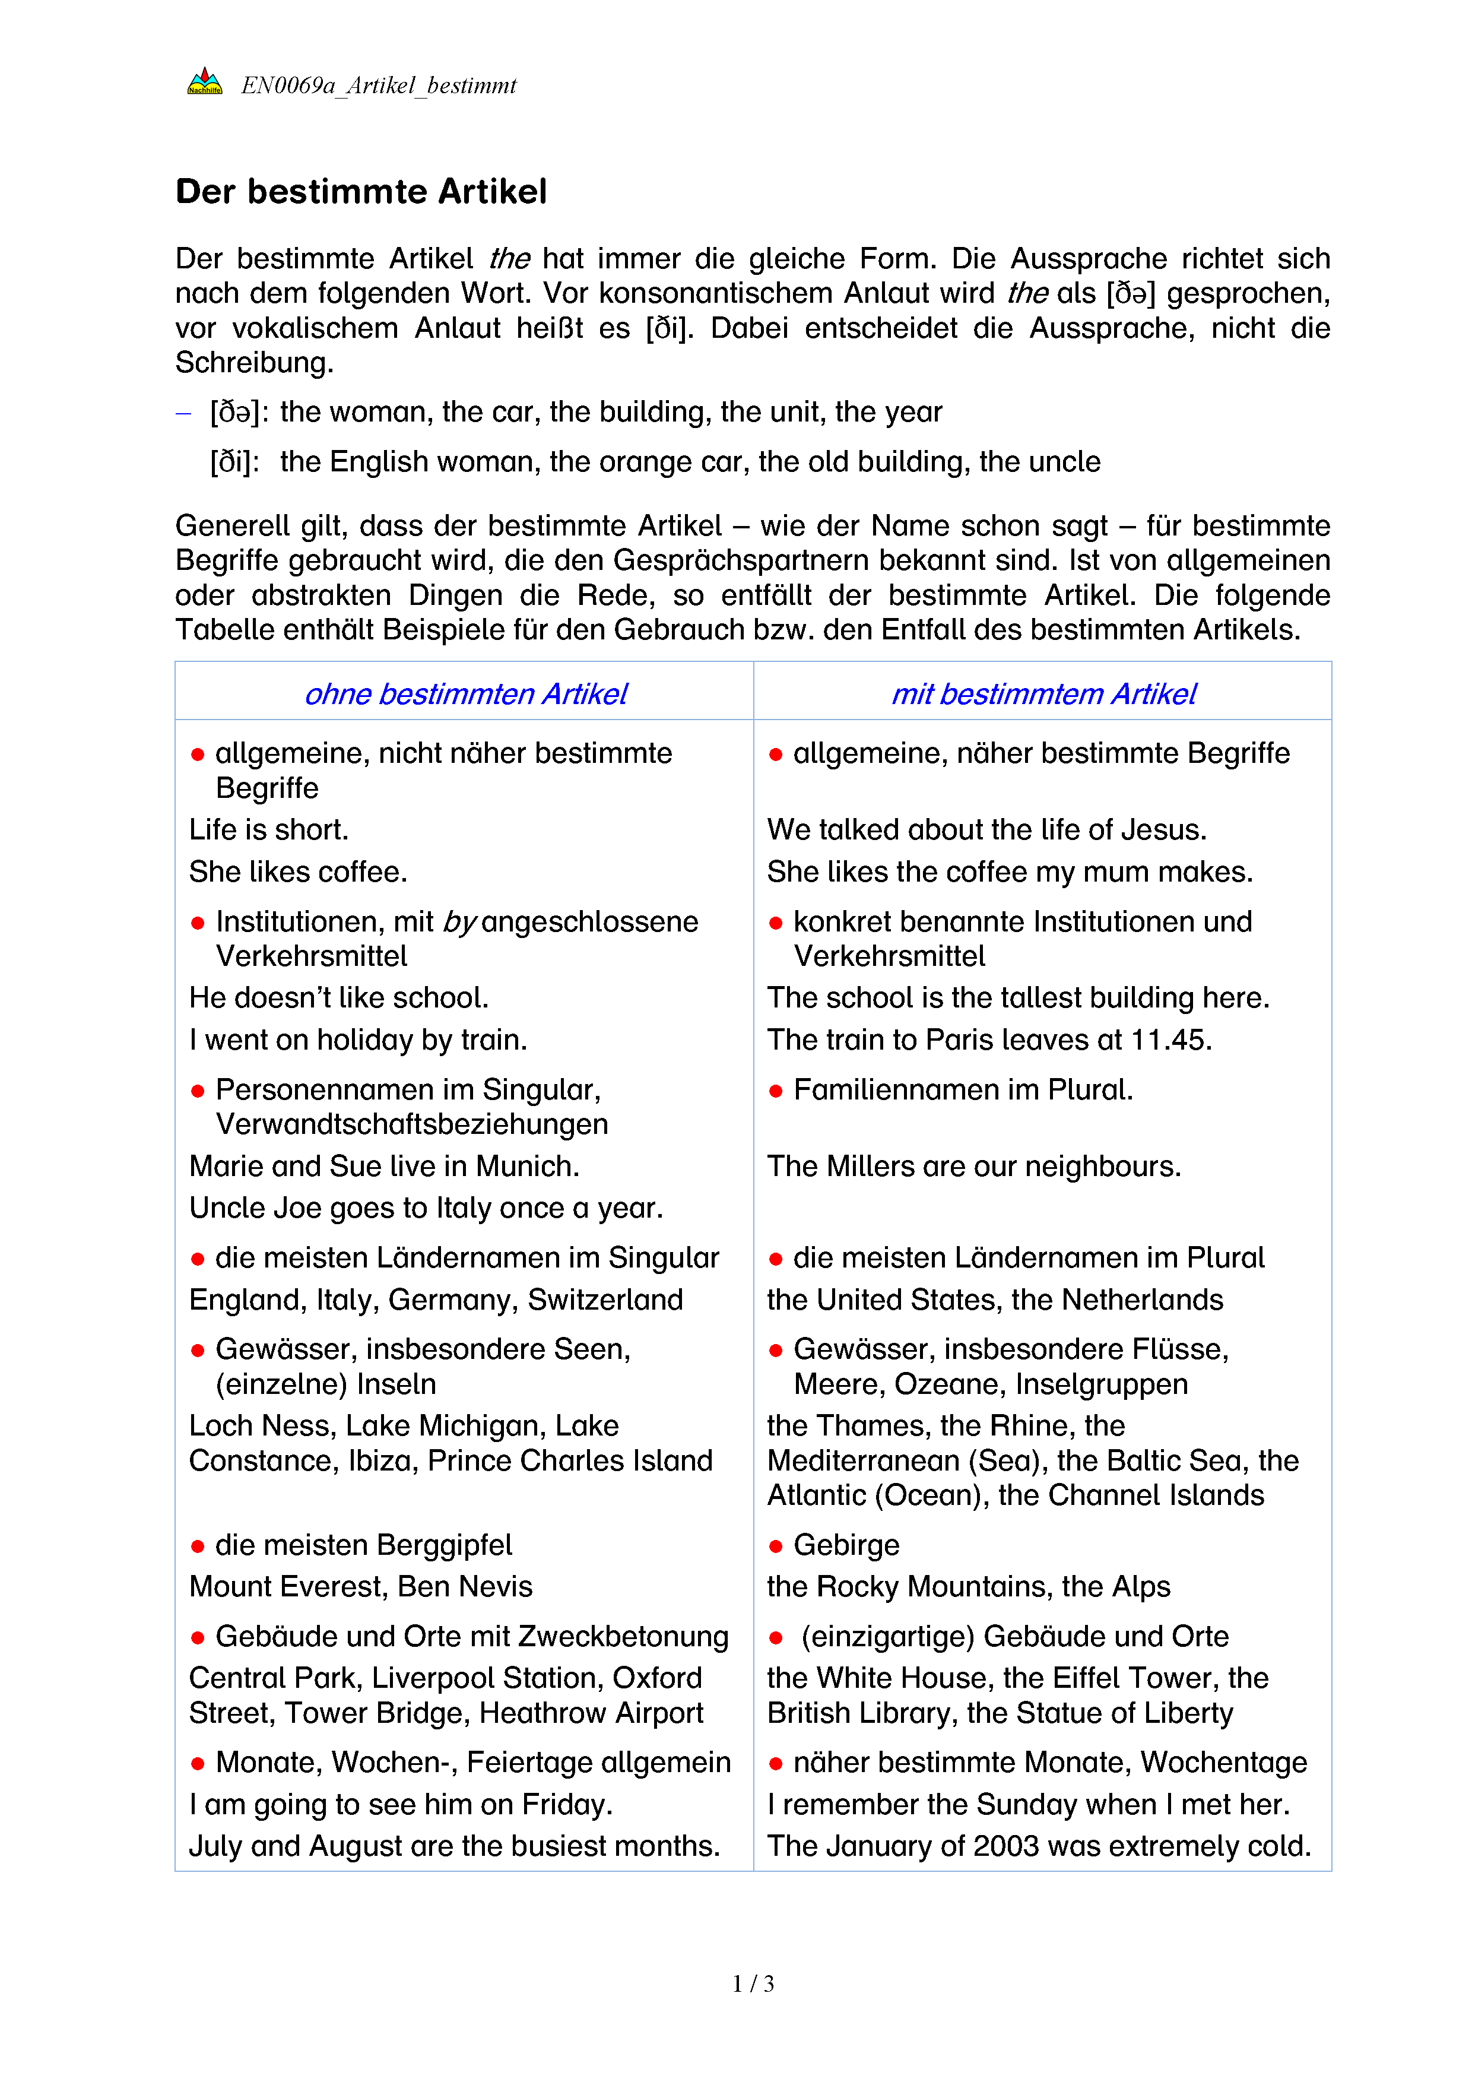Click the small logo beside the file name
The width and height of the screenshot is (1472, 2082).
coord(204,83)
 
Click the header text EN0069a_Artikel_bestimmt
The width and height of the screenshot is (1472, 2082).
coord(378,86)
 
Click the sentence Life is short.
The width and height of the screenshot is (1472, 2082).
coord(268,831)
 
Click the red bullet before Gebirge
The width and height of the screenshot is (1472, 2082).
coord(776,1546)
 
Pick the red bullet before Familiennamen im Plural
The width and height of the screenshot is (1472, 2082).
coord(776,1091)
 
